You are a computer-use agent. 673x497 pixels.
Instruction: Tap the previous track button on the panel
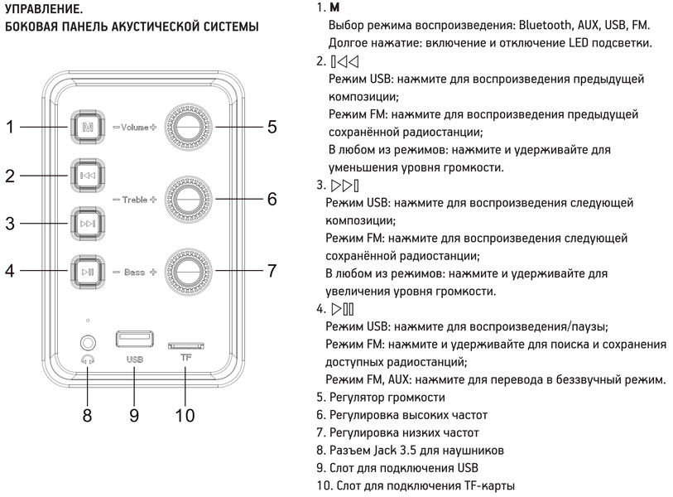pos(89,176)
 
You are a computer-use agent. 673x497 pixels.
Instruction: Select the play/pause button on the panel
pos(89,271)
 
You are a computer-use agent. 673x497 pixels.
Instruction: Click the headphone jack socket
pos(87,341)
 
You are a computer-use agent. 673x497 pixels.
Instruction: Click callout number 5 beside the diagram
pos(272,128)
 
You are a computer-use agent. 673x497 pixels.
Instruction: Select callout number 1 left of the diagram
pos(10,128)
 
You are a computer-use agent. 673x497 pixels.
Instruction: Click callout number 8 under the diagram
pos(87,414)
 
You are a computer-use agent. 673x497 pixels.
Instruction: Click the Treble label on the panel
pos(133,200)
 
